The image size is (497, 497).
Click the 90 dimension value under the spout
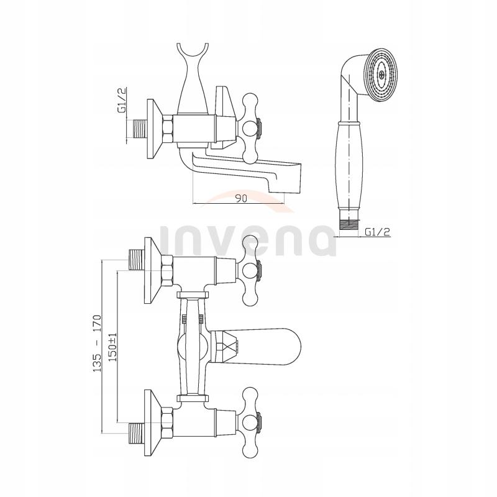241,198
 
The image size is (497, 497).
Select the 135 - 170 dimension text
98,343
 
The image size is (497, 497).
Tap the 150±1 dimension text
113,347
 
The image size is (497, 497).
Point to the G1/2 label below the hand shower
378,232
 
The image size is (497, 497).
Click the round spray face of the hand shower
381,75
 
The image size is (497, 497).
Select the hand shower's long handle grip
348,165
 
